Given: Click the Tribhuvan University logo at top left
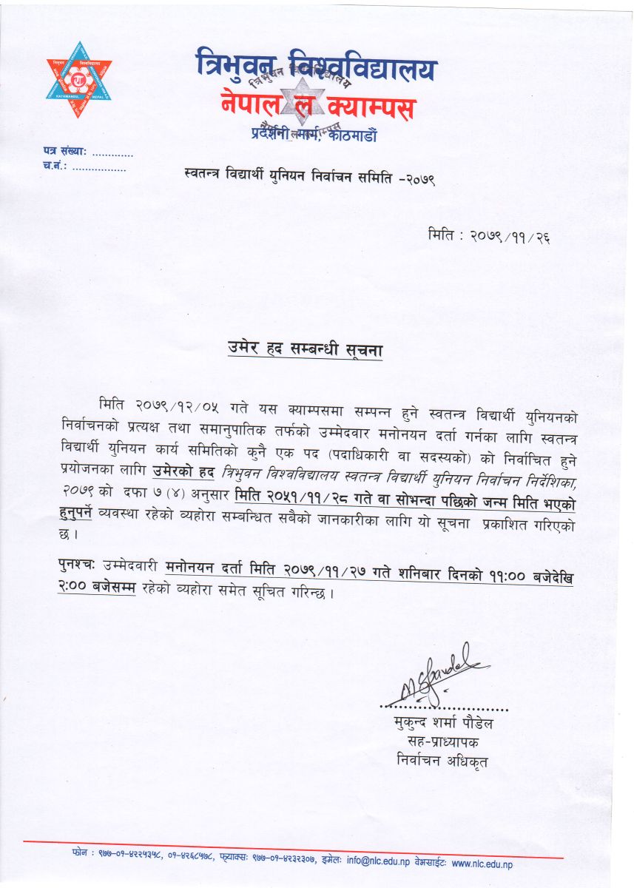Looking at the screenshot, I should point(78,79).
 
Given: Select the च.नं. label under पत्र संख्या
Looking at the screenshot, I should point(56,168).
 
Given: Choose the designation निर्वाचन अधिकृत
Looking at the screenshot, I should point(442,761).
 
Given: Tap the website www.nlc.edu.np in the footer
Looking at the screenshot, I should point(482,863).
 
